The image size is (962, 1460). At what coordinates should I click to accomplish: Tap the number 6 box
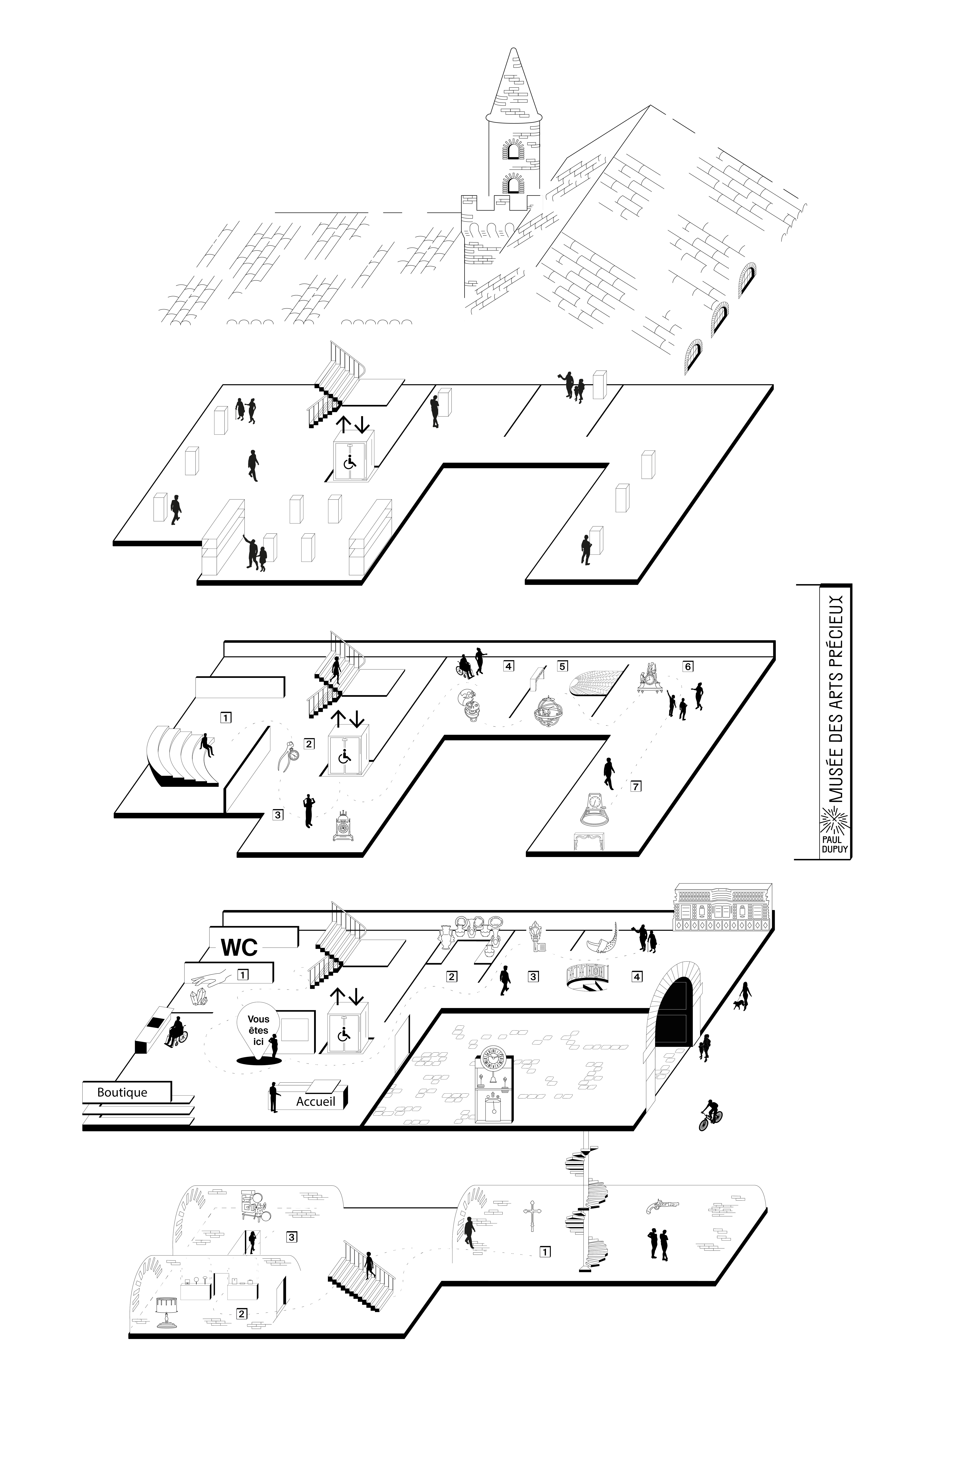pos(688,666)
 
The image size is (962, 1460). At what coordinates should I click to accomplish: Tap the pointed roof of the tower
pos(514,86)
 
